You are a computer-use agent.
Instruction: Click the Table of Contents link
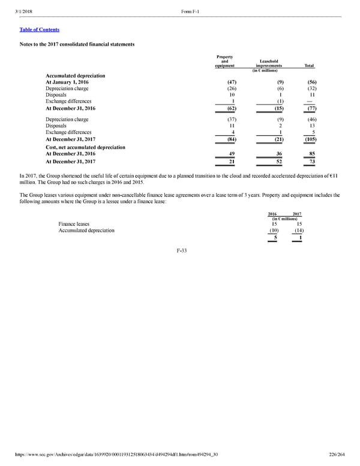[x=39, y=29]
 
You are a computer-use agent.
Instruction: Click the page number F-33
[x=179, y=250]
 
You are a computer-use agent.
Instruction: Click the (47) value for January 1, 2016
[x=227, y=82]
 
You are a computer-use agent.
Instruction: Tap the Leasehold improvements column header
[x=269, y=63]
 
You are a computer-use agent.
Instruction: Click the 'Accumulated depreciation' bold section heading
[x=75, y=76]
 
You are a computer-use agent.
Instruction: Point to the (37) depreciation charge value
[x=227, y=120]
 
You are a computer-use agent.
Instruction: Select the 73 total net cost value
[x=312, y=162]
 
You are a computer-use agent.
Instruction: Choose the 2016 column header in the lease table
[x=272, y=214]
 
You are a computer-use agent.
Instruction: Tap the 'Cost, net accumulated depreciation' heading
[x=85, y=147]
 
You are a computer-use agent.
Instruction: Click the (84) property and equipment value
[x=227, y=139]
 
